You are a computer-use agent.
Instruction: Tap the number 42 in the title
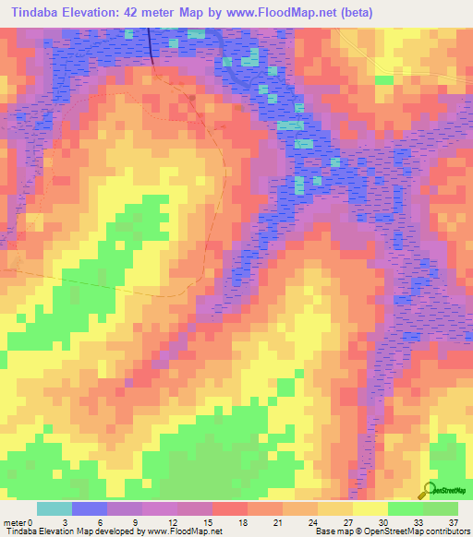pos(124,10)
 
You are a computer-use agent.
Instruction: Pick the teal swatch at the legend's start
pos(54,508)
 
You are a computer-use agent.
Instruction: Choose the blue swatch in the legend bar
pos(90,508)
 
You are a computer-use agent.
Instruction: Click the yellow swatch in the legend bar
pos(370,508)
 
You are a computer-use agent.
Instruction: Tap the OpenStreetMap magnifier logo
pos(428,489)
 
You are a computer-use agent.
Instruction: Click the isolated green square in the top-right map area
pos(383,79)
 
